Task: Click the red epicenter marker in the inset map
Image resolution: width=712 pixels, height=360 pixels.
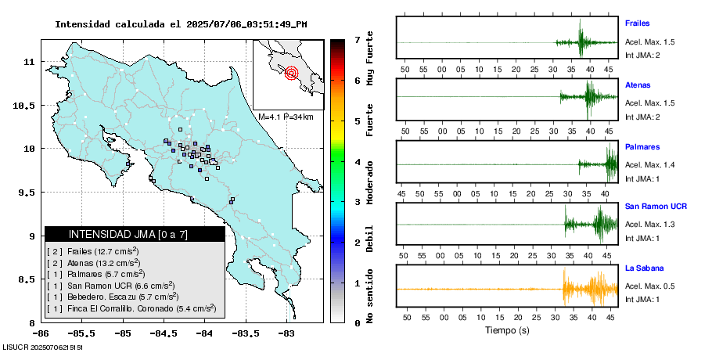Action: [292, 74]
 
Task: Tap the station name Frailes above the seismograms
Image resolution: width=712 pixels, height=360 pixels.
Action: [638, 23]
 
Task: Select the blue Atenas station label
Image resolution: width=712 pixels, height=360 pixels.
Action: [638, 85]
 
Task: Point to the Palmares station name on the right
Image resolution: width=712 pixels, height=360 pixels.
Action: [642, 146]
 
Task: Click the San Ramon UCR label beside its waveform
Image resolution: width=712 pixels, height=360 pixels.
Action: [656, 206]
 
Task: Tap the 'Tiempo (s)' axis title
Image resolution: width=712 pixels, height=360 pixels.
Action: [506, 331]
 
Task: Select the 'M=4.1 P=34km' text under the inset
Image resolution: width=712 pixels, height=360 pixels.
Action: [286, 117]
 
